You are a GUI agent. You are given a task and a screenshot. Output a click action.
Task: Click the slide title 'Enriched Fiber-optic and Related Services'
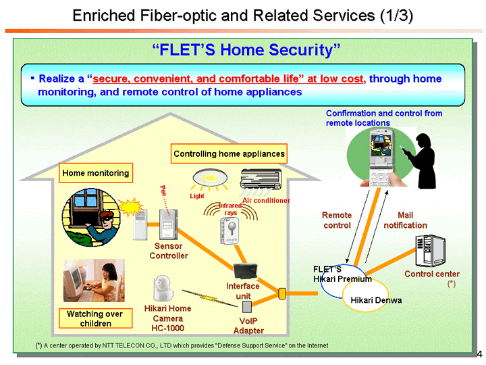point(242,15)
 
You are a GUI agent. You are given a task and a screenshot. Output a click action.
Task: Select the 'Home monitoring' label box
point(95,173)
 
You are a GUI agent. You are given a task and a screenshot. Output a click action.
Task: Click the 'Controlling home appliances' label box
point(229,154)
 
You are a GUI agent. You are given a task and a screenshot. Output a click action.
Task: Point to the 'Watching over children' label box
point(94,318)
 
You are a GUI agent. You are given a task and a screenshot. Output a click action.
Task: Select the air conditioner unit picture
point(263,180)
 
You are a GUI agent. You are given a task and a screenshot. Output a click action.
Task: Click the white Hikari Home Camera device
point(163,289)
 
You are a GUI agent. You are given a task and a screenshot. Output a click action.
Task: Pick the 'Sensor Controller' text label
point(168,251)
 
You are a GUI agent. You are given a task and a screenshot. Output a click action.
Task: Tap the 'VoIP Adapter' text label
point(248,326)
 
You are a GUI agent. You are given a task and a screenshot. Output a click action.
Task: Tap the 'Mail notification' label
point(405,220)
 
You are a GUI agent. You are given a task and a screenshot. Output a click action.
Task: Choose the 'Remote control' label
point(336,220)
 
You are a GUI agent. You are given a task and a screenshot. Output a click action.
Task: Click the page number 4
point(479,354)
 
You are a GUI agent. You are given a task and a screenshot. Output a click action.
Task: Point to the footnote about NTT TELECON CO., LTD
point(182,345)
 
